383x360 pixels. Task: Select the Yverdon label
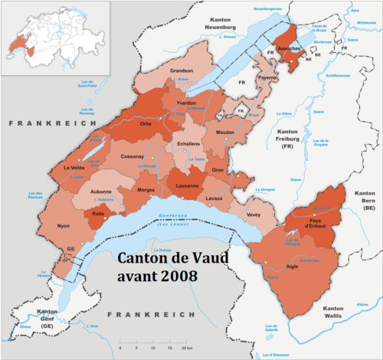pyautogui.click(x=186, y=103)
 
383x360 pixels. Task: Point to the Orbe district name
pyautogui.click(x=146, y=122)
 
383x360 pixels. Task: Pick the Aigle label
pyautogui.click(x=291, y=268)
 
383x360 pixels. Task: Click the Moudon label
pyautogui.click(x=224, y=133)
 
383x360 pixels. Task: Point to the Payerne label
pyautogui.click(x=267, y=78)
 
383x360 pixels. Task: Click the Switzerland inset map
pyautogui.click(x=54, y=38)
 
